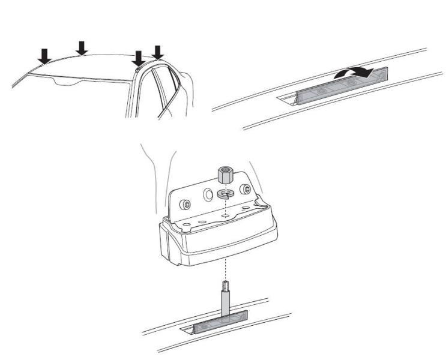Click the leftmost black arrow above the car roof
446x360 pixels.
click(x=44, y=56)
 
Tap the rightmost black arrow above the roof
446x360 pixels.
click(x=158, y=52)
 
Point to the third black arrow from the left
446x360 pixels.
click(x=139, y=58)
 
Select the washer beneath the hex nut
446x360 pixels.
click(x=226, y=194)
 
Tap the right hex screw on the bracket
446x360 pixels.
click(x=245, y=190)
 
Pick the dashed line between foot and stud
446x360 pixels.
click(x=225, y=267)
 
